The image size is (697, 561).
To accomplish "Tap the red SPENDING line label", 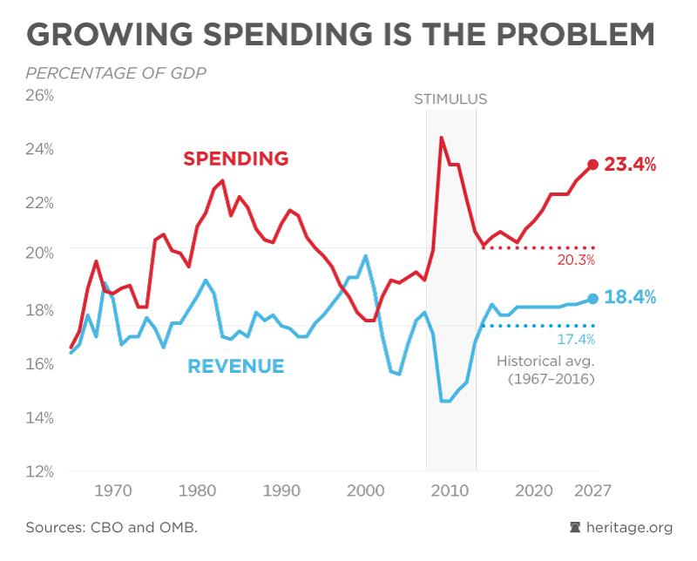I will point(235,159).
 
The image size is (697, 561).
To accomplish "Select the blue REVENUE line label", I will point(236,366).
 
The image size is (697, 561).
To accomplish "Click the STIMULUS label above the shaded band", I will point(450,99).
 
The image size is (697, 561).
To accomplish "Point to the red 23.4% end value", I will point(630,164).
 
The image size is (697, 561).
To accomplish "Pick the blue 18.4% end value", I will point(630,297).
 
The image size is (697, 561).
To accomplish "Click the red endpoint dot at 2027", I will point(593,165).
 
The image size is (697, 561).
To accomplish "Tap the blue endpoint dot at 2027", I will point(593,299).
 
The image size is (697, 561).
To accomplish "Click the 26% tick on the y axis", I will point(38,95).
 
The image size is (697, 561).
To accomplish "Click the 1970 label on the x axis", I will point(112,490).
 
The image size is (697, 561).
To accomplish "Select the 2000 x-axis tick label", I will point(365,490).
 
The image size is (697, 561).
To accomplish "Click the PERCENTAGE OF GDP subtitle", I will point(116,72).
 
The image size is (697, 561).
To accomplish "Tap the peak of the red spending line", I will point(442,137).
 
